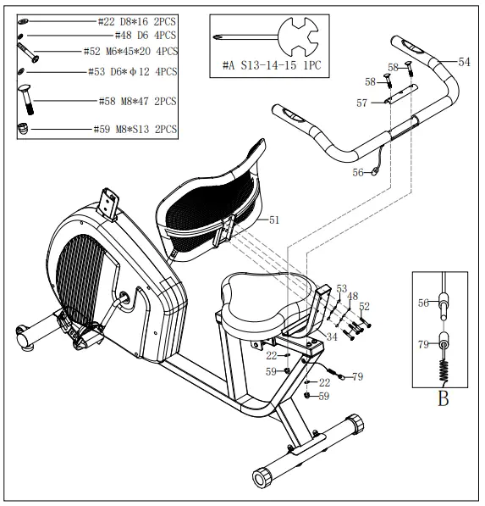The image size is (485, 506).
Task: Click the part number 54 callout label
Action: point(464,62)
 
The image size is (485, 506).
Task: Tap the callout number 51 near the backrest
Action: point(273,220)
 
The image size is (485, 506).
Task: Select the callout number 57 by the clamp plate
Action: point(362,103)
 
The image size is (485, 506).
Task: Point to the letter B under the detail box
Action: point(443,398)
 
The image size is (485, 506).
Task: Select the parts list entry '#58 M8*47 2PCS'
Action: point(138,101)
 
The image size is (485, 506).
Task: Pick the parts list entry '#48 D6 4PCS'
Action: point(142,36)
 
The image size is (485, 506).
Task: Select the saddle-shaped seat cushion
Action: point(257,299)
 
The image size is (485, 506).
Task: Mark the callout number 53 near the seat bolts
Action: point(342,288)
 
